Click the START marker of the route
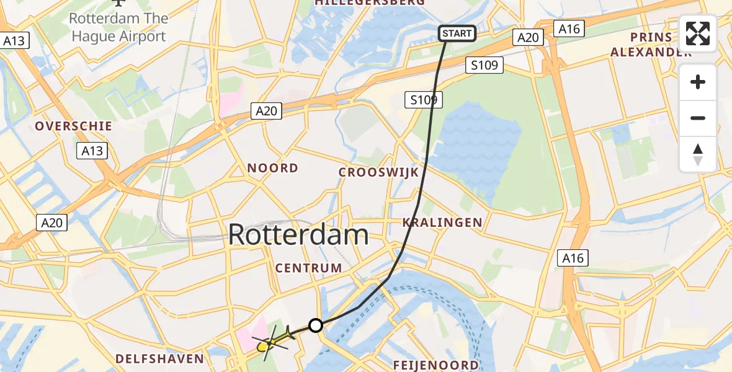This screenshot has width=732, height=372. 458,33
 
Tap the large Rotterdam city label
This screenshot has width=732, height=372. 298,235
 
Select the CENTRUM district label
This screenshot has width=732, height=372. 309,268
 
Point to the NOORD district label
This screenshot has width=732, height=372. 273,168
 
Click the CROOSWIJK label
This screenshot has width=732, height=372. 379,172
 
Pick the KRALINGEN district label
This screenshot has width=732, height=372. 442,222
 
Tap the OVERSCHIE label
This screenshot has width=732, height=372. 73,126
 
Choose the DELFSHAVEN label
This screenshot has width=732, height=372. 159,358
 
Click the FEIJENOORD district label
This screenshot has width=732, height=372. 436,365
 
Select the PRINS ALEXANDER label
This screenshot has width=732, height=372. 651,44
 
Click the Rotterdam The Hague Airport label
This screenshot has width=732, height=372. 118,27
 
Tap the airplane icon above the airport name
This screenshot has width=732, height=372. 118,2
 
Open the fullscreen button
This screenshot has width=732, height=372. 698,33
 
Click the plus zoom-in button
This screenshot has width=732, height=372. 698,82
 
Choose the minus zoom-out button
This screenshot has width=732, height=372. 698,118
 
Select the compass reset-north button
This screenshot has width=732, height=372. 698,154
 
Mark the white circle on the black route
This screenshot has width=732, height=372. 316,325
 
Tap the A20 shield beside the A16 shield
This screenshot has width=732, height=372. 529,38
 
